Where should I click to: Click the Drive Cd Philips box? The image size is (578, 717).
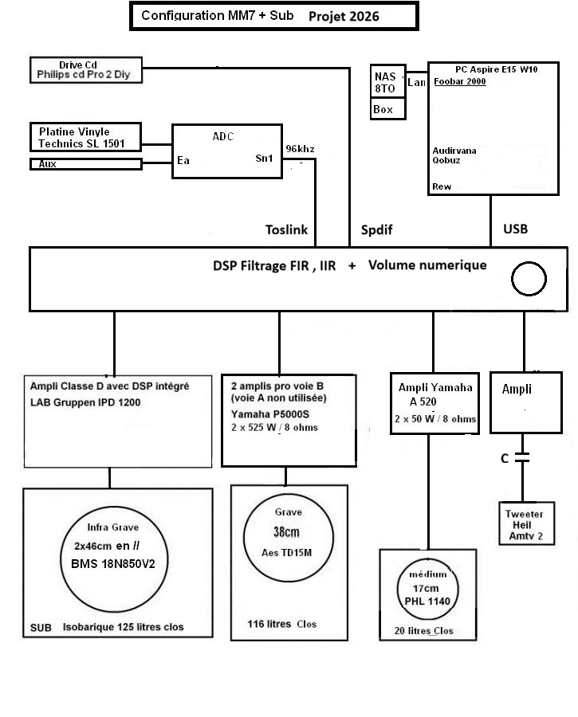point(86,70)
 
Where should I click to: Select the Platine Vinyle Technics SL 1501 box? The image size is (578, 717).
point(85,137)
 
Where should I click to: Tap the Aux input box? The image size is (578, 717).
point(85,163)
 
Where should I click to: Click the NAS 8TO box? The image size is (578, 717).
point(387,81)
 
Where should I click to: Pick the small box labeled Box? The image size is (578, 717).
point(387,109)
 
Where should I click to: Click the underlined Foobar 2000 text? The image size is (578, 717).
point(459,81)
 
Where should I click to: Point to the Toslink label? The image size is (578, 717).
point(286,229)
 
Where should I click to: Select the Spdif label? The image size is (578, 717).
point(376,229)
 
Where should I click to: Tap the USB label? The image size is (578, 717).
point(515,229)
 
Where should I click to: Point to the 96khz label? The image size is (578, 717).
point(300,149)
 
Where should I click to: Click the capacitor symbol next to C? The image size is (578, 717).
point(522,457)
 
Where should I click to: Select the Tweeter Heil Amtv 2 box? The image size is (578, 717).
point(526,523)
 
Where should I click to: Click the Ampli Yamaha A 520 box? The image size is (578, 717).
point(434,403)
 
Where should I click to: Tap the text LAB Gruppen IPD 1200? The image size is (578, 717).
point(85,402)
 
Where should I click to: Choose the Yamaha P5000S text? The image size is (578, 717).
point(270,414)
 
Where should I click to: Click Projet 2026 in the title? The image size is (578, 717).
point(344,17)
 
